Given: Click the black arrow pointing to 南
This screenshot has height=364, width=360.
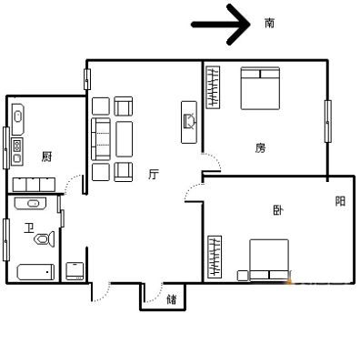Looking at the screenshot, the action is point(221,25).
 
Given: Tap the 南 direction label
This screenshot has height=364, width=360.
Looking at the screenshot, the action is point(269,23).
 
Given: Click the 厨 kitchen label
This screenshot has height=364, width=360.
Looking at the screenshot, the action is point(46,157).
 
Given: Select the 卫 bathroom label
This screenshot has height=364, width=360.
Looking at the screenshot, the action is point(28,228).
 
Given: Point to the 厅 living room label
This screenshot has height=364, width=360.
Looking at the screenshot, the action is point(154,174).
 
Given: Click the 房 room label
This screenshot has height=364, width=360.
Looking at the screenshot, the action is point(260,148).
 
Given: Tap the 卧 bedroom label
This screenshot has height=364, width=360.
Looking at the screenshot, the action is point(278,210).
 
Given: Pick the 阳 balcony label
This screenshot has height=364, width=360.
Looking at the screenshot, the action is point(340,201).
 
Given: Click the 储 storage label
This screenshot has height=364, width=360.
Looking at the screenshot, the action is point(172,299).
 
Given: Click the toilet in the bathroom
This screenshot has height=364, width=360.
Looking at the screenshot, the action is point(45,239).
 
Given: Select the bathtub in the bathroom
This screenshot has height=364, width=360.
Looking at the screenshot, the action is point(35,272).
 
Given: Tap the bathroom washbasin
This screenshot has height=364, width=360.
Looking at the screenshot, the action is point(30,203).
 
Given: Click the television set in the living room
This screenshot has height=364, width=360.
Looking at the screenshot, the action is point(189,122).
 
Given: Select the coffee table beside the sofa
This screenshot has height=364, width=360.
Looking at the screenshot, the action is point(125,139).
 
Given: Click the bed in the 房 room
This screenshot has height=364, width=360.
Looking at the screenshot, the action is point(260,88).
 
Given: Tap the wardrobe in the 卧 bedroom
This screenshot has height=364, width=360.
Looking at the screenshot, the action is point(215,257).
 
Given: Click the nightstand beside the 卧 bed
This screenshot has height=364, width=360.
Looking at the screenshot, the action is point(243,276).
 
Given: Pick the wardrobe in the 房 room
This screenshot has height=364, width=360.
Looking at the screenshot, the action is point(213,87).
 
